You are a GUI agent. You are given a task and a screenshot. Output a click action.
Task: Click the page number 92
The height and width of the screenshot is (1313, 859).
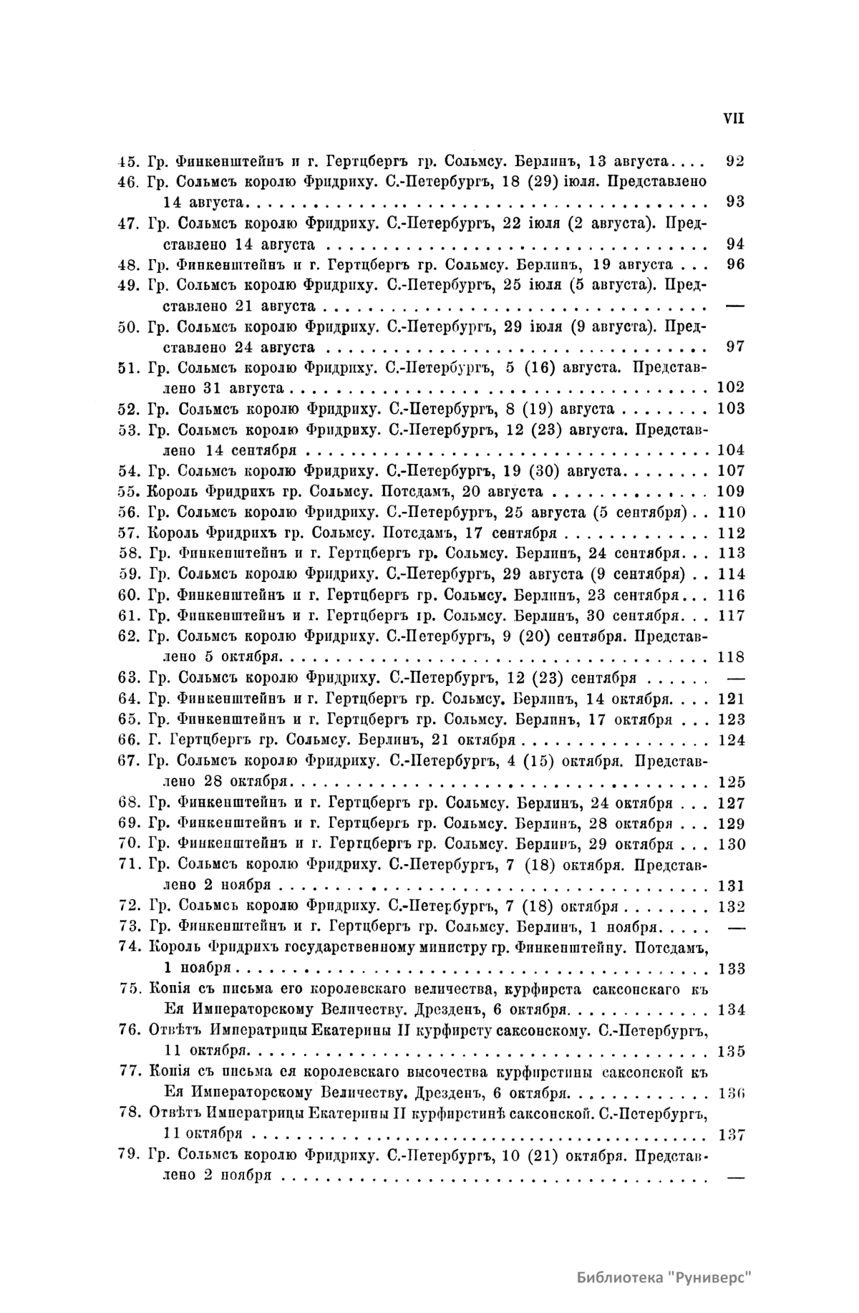click(734, 160)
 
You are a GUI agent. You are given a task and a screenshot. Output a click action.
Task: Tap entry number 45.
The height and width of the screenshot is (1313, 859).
click(129, 160)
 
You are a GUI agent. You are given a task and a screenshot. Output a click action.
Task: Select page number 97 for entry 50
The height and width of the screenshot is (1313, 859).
click(734, 347)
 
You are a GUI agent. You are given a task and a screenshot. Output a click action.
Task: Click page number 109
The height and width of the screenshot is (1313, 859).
click(730, 492)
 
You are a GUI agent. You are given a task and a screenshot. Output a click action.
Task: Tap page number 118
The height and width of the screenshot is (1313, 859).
click(730, 657)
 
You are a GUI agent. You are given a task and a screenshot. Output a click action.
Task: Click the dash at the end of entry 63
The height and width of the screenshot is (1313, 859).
click(735, 678)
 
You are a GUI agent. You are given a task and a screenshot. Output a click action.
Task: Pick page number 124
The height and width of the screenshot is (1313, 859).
click(730, 740)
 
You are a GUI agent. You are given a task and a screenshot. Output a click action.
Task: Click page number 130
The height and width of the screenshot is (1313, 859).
click(730, 844)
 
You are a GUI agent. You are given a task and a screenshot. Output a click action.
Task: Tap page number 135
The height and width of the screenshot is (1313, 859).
click(730, 1052)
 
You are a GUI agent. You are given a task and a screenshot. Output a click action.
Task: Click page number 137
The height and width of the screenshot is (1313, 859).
click(730, 1135)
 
